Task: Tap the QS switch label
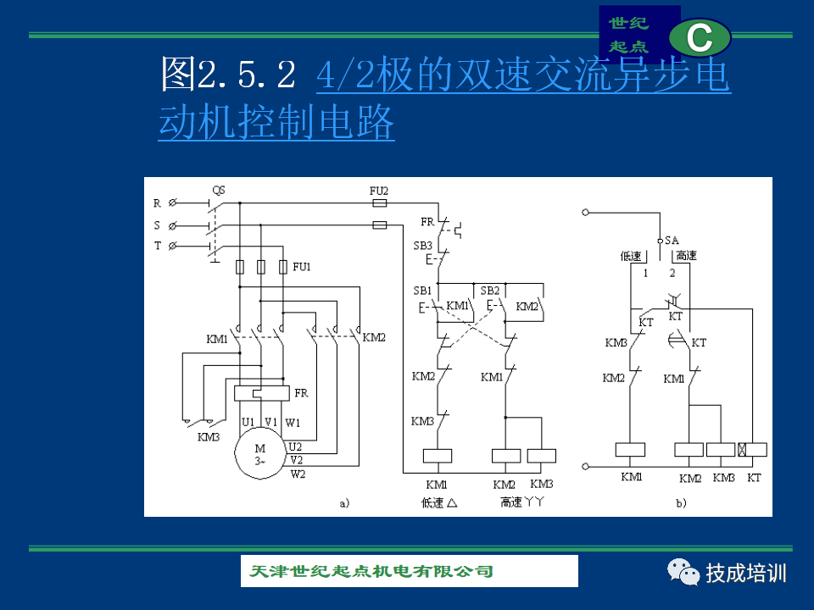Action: (219, 191)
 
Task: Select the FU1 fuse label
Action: (302, 267)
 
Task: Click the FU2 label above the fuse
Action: (379, 191)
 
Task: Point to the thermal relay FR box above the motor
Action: (262, 393)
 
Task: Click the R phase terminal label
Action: (157, 203)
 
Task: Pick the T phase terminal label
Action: (158, 246)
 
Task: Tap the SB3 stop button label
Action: (422, 246)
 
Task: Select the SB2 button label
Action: (489, 291)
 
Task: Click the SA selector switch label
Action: (672, 240)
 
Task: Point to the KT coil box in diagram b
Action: (752, 450)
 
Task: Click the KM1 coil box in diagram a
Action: (438, 456)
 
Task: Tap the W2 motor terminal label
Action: (298, 474)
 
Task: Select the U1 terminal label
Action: (248, 422)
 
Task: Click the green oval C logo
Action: (700, 38)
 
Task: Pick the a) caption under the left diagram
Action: (345, 503)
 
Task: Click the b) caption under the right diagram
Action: (681, 503)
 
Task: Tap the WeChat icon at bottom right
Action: (683, 572)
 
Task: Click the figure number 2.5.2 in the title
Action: (247, 75)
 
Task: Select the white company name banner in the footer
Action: (409, 571)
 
